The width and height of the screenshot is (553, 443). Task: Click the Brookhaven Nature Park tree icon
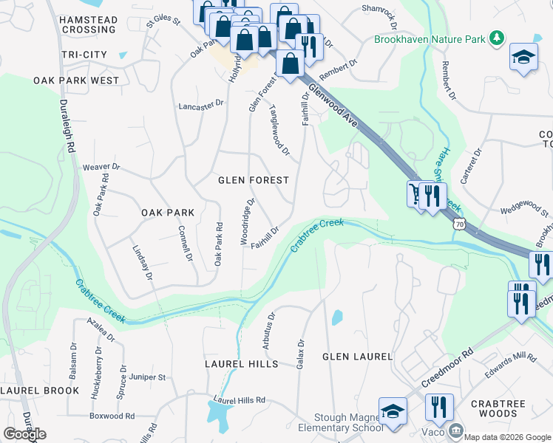tap(498, 38)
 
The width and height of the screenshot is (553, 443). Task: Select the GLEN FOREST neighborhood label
tap(253, 180)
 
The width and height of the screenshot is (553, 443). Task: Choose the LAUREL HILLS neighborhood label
tap(242, 364)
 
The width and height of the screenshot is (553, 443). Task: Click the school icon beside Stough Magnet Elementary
tap(393, 412)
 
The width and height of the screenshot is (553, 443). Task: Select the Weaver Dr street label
tap(101, 168)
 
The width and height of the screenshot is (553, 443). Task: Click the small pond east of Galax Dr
tap(337, 318)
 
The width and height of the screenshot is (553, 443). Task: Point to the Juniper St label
tap(146, 377)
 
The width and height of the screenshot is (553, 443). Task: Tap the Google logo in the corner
tap(24, 434)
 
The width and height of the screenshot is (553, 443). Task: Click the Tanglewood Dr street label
tap(279, 129)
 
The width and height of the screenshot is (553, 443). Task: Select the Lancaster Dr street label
tap(200, 106)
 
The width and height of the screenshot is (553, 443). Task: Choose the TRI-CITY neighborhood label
tap(84, 55)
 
